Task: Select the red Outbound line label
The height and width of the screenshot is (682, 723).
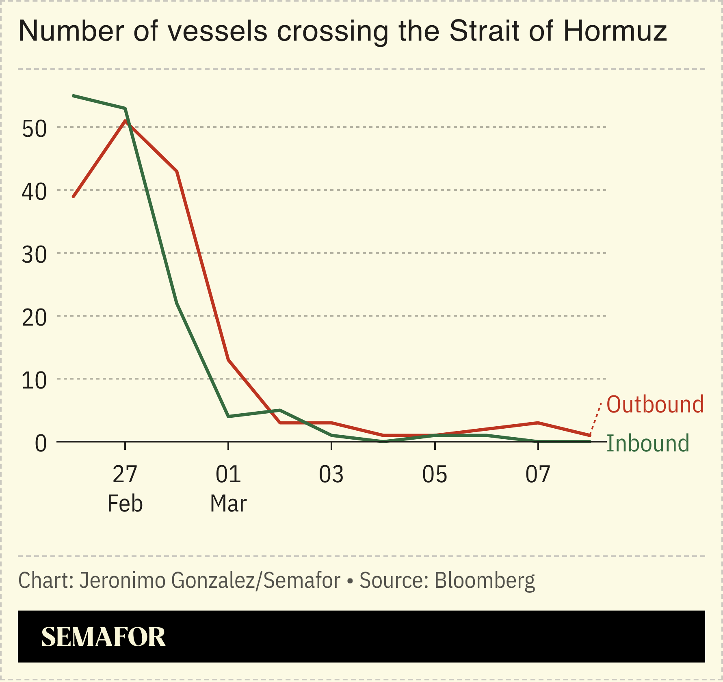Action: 655,405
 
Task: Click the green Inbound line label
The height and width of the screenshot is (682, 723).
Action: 648,443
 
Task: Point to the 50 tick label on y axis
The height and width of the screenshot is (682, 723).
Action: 34,129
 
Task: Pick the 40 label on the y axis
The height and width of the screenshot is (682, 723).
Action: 34,192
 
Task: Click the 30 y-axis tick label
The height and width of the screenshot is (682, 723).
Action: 34,255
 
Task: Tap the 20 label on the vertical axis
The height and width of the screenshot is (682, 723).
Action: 34,317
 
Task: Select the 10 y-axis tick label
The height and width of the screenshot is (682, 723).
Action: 34,380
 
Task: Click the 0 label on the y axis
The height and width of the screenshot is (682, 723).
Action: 41,443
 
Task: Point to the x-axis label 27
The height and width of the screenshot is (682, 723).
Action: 125,474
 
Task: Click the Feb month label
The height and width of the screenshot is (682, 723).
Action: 125,504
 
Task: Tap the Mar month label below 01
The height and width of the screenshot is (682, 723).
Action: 228,504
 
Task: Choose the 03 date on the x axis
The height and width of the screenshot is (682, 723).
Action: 331,474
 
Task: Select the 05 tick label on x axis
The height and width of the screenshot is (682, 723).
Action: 435,474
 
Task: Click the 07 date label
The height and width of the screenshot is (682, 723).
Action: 538,474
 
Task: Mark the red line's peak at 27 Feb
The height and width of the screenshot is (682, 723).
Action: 125,121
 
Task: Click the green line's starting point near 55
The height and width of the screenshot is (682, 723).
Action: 74,96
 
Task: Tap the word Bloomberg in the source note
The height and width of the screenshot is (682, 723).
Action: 485,580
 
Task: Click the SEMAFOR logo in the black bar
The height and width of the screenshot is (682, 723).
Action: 103,637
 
